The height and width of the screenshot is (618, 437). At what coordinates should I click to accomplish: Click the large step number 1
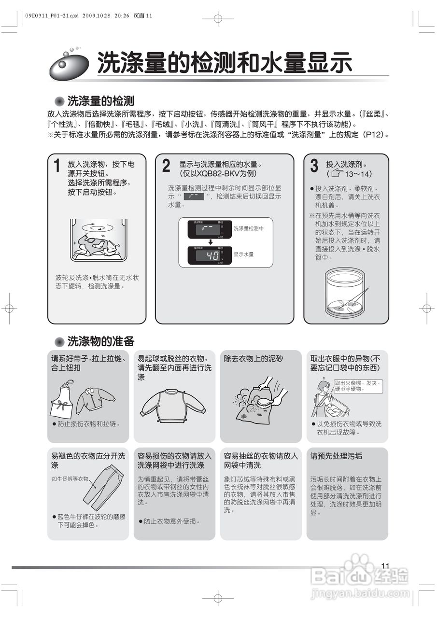click(x=57, y=166)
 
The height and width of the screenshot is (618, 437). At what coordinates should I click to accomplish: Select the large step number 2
click(x=166, y=166)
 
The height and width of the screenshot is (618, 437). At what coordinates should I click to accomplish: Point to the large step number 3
click(x=314, y=166)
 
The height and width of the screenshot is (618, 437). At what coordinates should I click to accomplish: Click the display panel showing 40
click(x=206, y=255)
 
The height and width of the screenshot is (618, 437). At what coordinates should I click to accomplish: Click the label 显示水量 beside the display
click(x=243, y=254)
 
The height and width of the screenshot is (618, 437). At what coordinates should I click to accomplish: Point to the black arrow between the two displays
click(x=211, y=241)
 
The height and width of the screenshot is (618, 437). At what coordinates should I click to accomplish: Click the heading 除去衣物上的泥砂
click(x=254, y=359)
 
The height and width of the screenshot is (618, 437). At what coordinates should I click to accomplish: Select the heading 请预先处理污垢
click(x=336, y=456)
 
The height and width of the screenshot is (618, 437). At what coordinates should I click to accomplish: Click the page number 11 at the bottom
click(x=385, y=566)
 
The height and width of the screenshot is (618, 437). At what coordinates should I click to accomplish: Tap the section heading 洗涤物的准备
click(x=100, y=341)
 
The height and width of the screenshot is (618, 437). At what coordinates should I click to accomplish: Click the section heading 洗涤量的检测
click(x=100, y=101)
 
